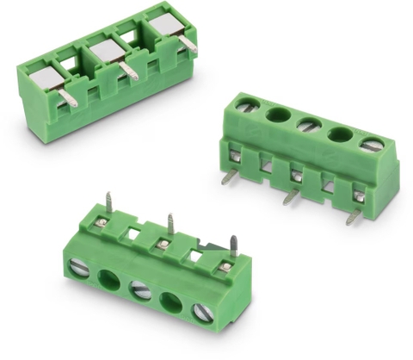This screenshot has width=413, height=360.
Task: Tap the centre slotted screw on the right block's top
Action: tap(309, 124)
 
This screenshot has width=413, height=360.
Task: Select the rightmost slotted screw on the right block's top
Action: tap(372, 144)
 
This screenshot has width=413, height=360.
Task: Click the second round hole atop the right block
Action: tap(278, 115)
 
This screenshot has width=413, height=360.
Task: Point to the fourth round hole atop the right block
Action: tap(341, 134)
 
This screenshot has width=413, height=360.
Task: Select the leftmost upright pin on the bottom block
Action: tap(109, 204)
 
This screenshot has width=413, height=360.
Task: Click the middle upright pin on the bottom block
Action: tap(170, 223)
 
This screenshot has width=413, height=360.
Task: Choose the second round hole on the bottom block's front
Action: tap(109, 279)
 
